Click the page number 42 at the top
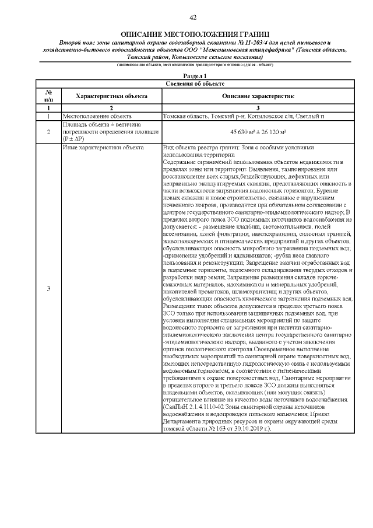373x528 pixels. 186,18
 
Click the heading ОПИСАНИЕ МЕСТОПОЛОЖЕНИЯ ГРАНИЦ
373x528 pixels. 186,34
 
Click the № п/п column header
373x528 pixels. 49,95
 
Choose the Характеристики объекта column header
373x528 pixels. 112,95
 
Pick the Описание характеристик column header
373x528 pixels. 258,95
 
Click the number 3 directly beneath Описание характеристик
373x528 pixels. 258,108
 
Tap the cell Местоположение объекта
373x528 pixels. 97,116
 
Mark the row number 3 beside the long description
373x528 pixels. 49,289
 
